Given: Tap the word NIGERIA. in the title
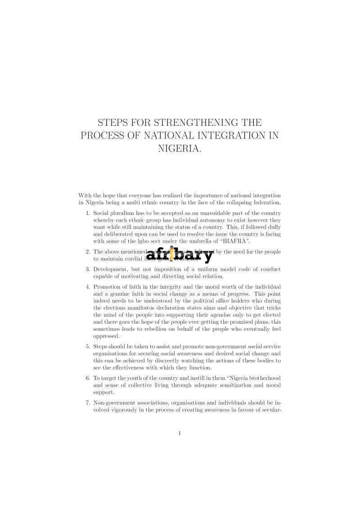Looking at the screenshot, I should pos(180,148).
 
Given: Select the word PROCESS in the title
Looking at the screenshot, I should pos(99,135).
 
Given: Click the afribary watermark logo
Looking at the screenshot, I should pos(179,255).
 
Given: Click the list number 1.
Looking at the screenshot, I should pos(88,213).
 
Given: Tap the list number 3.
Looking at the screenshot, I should pos(88,269).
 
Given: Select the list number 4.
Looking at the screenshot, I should pos(88,287).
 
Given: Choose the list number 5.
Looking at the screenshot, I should pos(88,347).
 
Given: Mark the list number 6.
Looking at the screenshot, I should pos(88,378).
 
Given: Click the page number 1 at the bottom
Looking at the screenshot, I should pos(180,433).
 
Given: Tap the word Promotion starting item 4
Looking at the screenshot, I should pos(106,287).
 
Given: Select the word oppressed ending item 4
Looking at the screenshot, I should pos(106,336).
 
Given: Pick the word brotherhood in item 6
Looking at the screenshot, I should pos(265,378).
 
